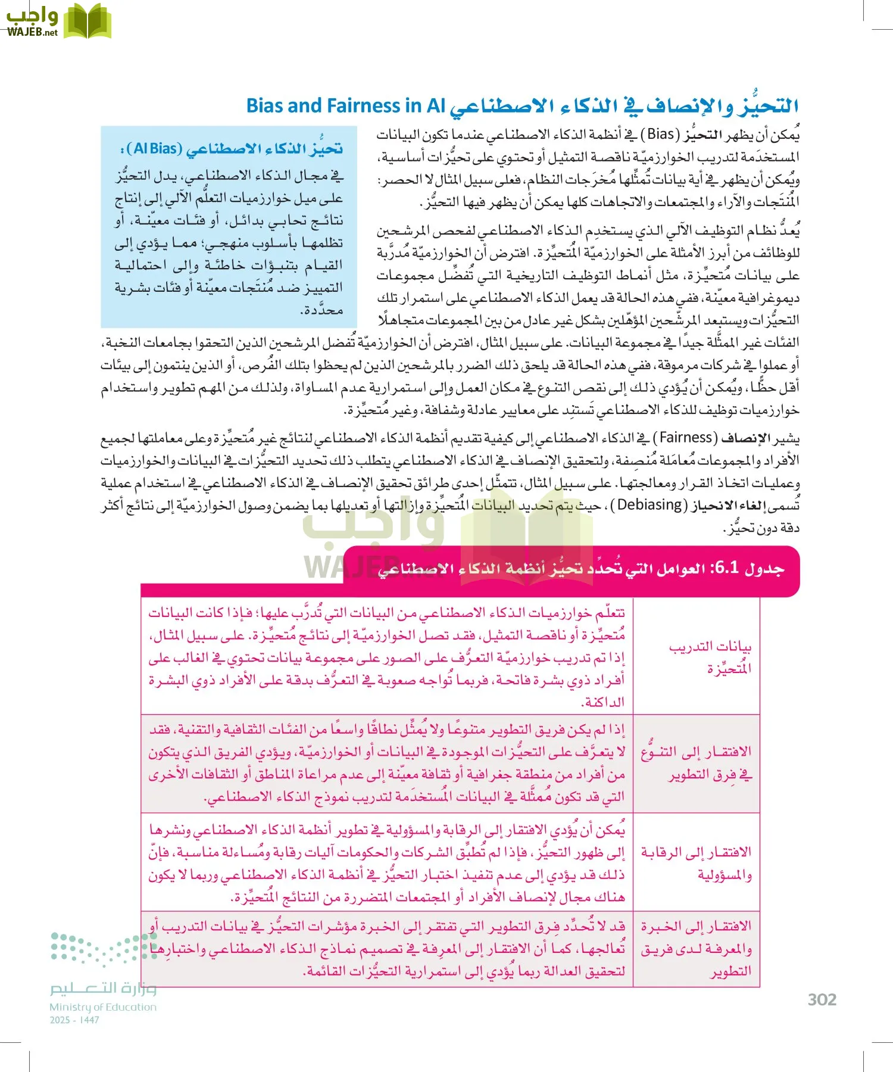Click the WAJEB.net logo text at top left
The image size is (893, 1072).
click(33, 32)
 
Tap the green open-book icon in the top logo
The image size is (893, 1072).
click(87, 21)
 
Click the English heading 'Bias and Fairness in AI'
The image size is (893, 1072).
click(346, 106)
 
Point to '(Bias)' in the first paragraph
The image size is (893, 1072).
click(660, 134)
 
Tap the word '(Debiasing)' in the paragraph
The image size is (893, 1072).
click(650, 505)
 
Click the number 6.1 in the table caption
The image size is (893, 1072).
click(726, 568)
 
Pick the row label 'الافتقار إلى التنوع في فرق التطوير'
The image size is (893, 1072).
click(697, 763)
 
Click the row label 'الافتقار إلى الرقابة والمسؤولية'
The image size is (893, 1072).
click(697, 863)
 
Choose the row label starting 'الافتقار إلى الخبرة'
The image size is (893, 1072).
click(697, 948)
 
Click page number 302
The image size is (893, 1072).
click(822, 1000)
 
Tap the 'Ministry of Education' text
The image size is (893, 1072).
click(103, 1007)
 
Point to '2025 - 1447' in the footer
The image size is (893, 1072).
click(74, 1020)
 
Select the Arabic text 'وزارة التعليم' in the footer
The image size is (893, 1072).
click(103, 989)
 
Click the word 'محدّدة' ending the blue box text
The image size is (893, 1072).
click(321, 310)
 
